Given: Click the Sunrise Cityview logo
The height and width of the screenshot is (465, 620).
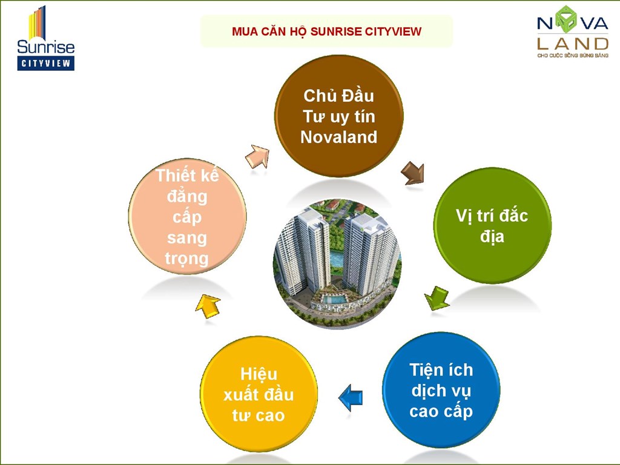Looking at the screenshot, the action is (x=46, y=38).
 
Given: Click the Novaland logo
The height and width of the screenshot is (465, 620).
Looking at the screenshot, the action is (x=573, y=31).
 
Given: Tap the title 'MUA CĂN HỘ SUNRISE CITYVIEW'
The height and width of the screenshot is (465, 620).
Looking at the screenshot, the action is (x=326, y=31).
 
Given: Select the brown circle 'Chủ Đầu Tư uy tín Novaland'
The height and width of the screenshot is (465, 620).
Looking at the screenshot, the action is (x=339, y=116).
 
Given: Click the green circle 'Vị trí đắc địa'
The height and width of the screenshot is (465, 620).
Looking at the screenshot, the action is (x=492, y=225).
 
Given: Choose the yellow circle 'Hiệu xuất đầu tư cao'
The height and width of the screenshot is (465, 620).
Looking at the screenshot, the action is (x=259, y=394).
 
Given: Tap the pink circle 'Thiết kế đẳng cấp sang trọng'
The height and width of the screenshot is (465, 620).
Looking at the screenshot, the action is (x=188, y=216).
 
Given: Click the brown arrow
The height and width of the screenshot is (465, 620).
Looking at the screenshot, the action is (x=413, y=173).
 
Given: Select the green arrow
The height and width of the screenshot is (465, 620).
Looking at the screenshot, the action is (x=437, y=298).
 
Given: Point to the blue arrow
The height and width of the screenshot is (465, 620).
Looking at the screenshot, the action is (x=351, y=397).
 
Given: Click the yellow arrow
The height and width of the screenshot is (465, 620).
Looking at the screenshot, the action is (x=208, y=306).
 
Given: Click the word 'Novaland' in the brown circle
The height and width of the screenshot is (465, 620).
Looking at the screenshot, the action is (x=339, y=137).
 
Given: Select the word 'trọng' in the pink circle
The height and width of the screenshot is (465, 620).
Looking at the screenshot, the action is (x=186, y=259).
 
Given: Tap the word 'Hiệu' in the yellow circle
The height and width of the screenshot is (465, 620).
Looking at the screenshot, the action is (x=259, y=374).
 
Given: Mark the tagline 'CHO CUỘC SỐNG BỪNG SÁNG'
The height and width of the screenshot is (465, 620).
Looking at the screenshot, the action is (x=573, y=56).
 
